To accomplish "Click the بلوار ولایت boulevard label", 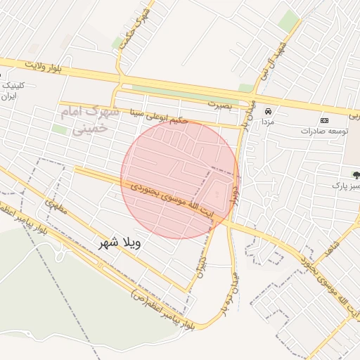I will point(50,67).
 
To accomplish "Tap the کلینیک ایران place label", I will point(14,90).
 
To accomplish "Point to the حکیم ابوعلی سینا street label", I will point(159,115).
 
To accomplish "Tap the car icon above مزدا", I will point(268,111).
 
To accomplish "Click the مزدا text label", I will point(268,121).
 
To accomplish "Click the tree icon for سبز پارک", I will point(355,174).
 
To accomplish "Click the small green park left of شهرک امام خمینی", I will point(59,129).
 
